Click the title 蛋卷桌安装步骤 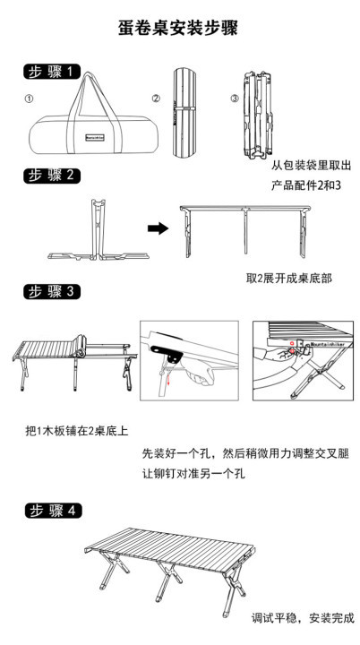tap(178, 29)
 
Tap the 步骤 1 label tap(52, 72)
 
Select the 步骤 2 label tap(52, 175)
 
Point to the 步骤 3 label tap(52, 292)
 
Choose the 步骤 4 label tap(53, 511)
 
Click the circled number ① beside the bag tap(29, 99)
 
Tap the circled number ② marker tap(156, 99)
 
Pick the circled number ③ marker tap(234, 99)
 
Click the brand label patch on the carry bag tap(96, 136)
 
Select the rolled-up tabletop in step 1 tap(184, 112)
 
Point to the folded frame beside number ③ tap(259, 116)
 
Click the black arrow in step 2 tap(158, 228)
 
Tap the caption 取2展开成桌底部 tap(289, 279)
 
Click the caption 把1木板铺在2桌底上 tap(77, 432)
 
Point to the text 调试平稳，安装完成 tap(303, 618)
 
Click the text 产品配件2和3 tap(306, 185)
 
